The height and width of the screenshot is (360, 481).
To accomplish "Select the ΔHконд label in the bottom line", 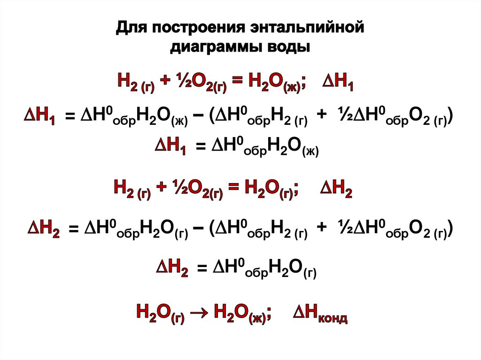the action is [320, 313].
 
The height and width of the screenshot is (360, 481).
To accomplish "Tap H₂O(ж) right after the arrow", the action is [240, 313].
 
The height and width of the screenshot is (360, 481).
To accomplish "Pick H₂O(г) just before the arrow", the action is [160, 313].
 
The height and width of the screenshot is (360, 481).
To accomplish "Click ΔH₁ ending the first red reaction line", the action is [338, 84].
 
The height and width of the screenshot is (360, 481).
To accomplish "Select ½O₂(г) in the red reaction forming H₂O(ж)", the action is [201, 84].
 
